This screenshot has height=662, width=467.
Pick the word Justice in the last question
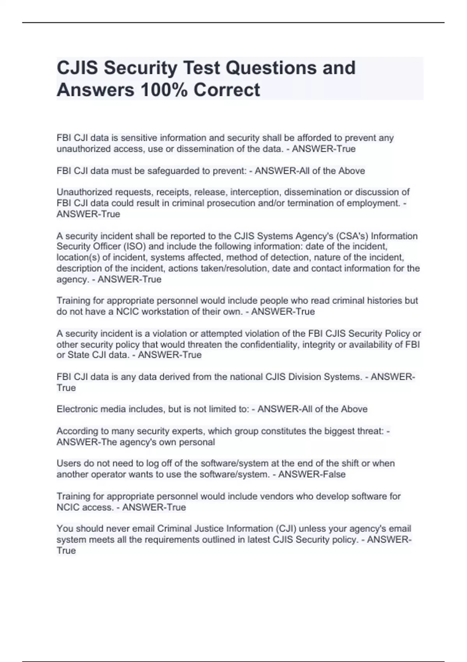[211, 529]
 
